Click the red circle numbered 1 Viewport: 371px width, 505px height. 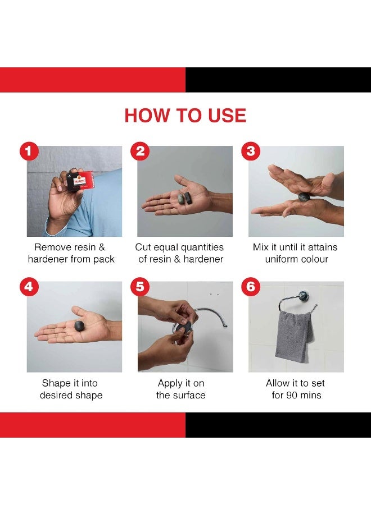point(29,151)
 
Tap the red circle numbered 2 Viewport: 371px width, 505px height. point(140,151)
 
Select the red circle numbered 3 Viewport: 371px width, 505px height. point(251,151)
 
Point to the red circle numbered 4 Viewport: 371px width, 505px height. point(29,286)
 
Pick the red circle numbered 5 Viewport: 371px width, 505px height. point(140,286)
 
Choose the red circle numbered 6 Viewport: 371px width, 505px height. point(251,286)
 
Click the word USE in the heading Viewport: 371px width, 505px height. point(227,116)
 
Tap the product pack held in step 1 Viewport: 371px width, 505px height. point(80,181)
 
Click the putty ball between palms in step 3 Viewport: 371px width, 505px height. point(304,196)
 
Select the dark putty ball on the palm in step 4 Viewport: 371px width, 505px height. point(79,325)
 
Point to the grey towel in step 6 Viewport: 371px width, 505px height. point(294,336)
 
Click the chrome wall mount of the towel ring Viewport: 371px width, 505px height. point(303,297)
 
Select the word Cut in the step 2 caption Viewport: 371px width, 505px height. point(143,247)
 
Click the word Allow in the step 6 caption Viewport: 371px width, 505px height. point(278,383)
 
